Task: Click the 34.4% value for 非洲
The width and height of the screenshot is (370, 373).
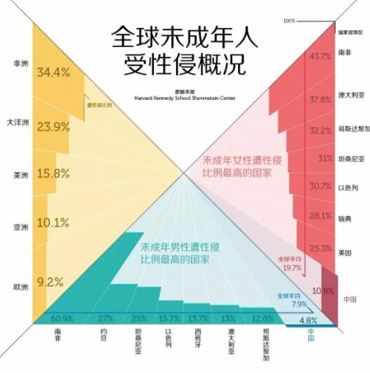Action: (x=55, y=72)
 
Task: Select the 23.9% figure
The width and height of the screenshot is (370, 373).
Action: (x=53, y=126)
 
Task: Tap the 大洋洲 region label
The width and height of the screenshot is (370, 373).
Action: (x=17, y=123)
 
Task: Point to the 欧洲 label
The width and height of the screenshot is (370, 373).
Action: (x=20, y=287)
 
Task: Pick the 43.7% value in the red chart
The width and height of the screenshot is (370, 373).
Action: (x=319, y=55)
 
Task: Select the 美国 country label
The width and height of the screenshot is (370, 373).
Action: (x=344, y=251)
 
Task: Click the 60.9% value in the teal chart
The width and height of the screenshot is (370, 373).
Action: (x=62, y=318)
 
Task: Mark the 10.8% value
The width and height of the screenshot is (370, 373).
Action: (x=322, y=290)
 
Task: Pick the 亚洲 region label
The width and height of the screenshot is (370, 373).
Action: (x=20, y=228)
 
